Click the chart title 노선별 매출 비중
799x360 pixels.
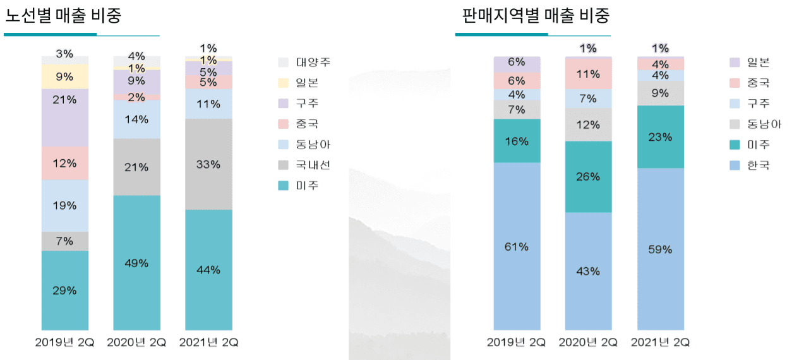(x=63, y=16)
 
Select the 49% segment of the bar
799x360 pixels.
(x=136, y=262)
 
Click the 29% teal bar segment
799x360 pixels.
(x=65, y=291)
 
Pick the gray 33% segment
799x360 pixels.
(x=208, y=164)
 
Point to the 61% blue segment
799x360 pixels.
(x=517, y=246)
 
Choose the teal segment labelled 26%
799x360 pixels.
(x=588, y=177)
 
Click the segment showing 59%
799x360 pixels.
(x=660, y=249)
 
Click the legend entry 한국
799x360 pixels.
(x=758, y=165)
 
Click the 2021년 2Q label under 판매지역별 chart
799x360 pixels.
(x=660, y=342)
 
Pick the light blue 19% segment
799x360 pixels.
(x=65, y=205)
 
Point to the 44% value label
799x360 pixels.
(x=208, y=270)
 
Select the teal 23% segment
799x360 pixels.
(x=660, y=136)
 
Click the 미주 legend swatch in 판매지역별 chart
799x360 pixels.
(x=735, y=145)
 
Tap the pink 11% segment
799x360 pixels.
(x=588, y=74)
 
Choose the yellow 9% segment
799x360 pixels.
(x=65, y=76)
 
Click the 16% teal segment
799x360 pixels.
(x=517, y=141)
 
